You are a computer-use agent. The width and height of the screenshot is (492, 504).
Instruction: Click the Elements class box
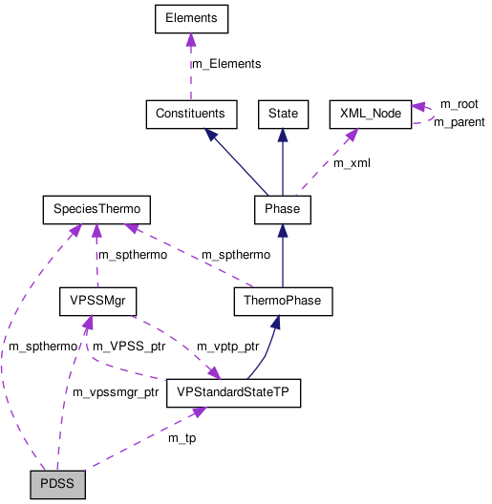[190, 18]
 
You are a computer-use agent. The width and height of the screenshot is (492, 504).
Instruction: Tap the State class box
[283, 114]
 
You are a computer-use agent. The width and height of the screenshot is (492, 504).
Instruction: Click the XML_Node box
[369, 114]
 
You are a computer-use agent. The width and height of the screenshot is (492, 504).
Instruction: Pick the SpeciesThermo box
[96, 208]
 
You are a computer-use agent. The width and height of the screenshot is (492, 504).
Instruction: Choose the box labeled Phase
[282, 208]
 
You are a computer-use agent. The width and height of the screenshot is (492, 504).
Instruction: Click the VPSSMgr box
[96, 302]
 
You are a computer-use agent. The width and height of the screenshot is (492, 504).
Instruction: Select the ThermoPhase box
[282, 302]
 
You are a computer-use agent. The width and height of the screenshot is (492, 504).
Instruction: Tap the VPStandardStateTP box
[233, 392]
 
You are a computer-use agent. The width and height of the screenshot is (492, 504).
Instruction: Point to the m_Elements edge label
[226, 64]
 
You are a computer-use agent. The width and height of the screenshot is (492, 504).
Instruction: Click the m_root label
[459, 103]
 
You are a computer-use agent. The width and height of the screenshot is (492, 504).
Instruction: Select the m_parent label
[459, 122]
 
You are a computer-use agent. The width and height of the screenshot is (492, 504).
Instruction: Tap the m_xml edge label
[352, 163]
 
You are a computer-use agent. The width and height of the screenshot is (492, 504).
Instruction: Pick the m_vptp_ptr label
[227, 346]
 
